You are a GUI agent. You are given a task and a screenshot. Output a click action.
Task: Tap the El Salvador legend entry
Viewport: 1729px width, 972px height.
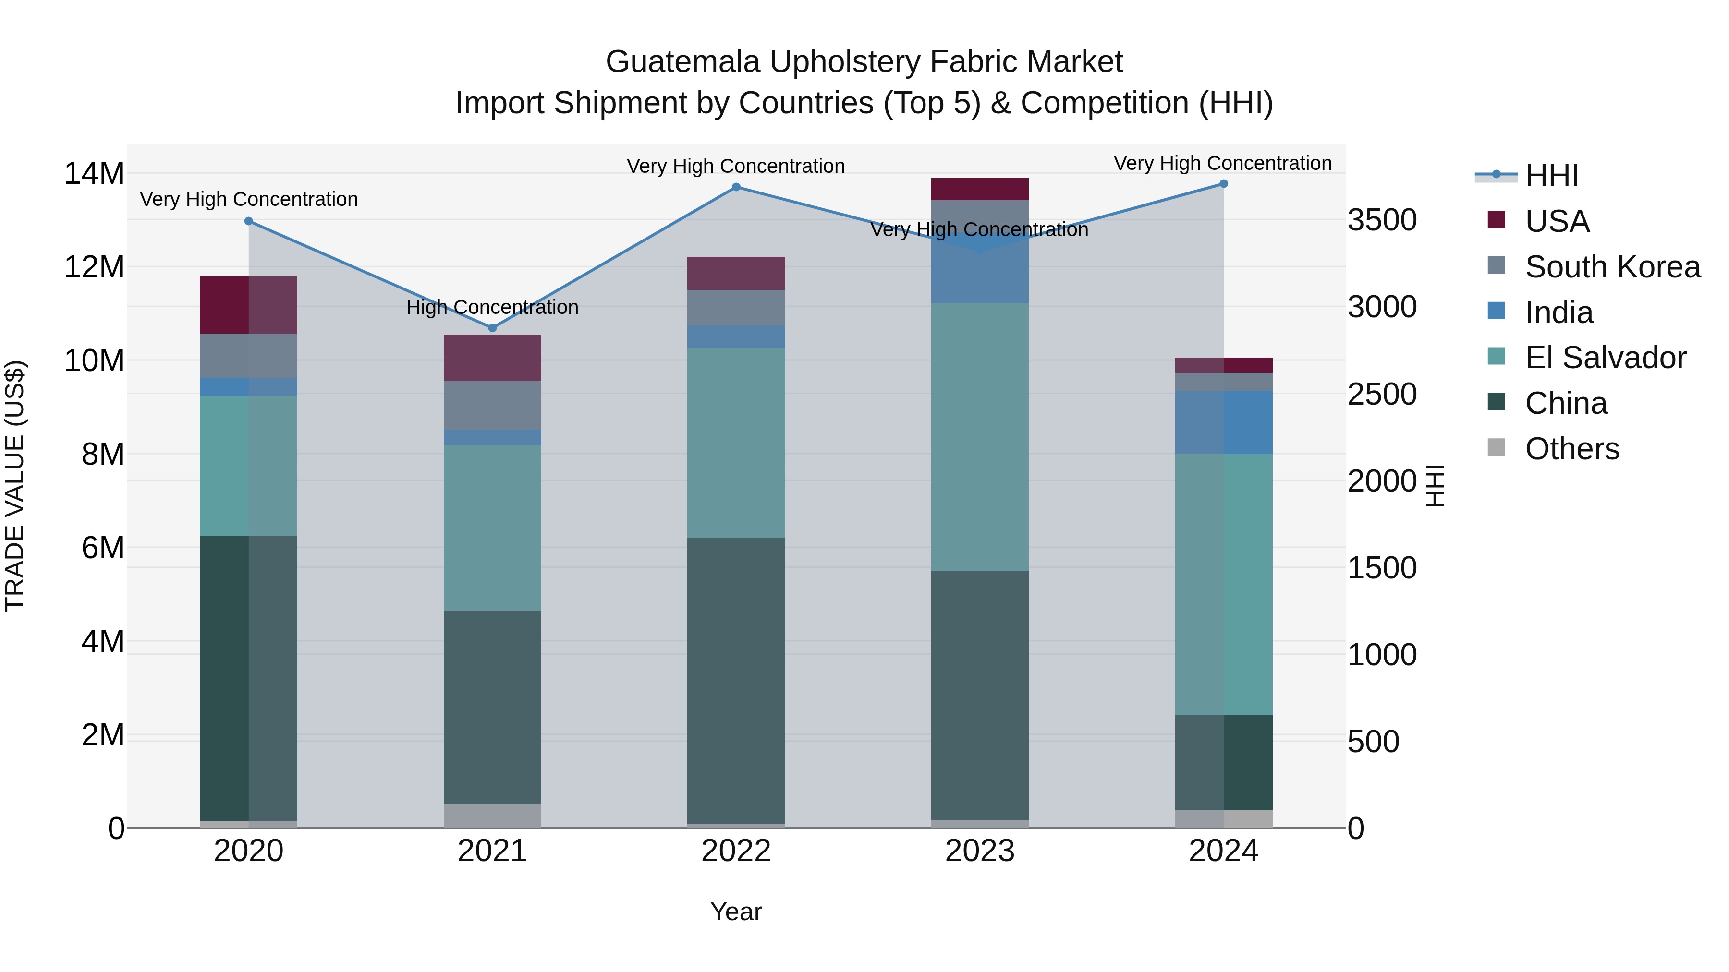pyautogui.click(x=1605, y=358)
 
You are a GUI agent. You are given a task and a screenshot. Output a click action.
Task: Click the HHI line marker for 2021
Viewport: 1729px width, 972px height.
pyautogui.click(x=492, y=328)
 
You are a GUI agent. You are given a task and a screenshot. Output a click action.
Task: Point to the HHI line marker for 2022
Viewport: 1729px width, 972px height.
pyautogui.click(x=736, y=187)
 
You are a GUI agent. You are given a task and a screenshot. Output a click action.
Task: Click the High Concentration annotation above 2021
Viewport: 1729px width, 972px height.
pyautogui.click(x=492, y=307)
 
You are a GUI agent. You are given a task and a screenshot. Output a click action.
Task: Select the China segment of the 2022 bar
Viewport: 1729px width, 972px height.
pyautogui.click(x=736, y=680)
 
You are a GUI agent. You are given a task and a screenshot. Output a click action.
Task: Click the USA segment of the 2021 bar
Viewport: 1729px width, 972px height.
pyautogui.click(x=492, y=358)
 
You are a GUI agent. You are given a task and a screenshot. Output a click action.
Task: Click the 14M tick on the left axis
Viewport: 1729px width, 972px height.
pyautogui.click(x=94, y=174)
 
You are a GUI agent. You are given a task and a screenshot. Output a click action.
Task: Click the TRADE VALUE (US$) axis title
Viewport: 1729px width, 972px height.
pyautogui.click(x=15, y=486)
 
